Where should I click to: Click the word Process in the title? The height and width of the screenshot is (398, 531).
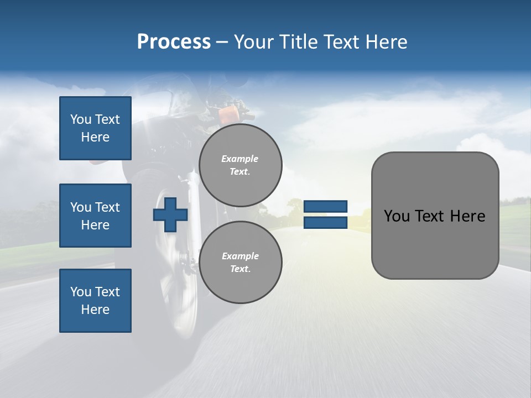(x=174, y=42)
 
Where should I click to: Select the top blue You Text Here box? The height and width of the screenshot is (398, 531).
(x=95, y=128)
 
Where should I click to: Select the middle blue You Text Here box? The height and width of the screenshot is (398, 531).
(x=95, y=216)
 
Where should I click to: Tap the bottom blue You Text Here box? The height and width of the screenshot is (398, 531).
(x=95, y=301)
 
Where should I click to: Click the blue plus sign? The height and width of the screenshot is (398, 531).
(x=170, y=214)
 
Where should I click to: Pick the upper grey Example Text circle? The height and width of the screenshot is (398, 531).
(x=240, y=165)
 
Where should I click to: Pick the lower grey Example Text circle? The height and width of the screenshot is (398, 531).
(x=240, y=262)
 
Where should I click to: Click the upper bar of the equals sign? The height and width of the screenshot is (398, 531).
(x=325, y=207)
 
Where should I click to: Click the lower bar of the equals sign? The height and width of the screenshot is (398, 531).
(x=325, y=223)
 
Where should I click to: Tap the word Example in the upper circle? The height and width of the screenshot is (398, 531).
(x=240, y=159)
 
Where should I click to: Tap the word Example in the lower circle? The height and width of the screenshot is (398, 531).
(x=240, y=256)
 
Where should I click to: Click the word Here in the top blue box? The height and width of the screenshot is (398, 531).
(x=95, y=137)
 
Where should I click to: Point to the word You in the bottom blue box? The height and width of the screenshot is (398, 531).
(x=81, y=292)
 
